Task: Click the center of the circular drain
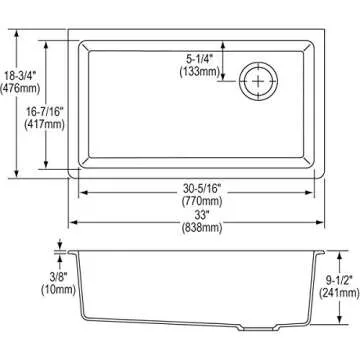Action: pyautogui.click(x=259, y=79)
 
